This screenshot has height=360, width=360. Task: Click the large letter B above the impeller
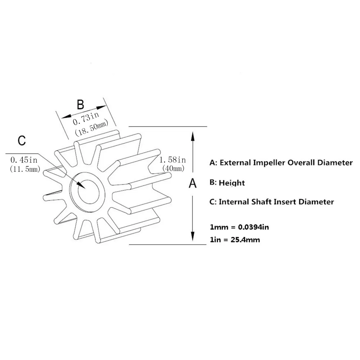pos(81,104)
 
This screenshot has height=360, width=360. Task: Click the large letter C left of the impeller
pos(22,140)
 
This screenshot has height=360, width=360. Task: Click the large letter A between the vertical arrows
pos(193,183)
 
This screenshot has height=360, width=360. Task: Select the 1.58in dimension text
pos(172,159)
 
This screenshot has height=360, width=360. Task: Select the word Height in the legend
pos(232,183)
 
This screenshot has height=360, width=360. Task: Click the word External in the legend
pos(234,163)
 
